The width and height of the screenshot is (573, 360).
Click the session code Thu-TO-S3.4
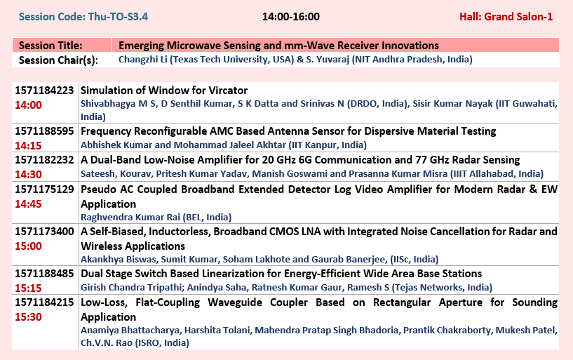(118, 17)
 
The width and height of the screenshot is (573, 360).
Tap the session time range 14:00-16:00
(291, 17)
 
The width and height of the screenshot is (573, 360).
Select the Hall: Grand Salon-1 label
(506, 17)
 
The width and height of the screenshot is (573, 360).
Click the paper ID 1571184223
(44, 91)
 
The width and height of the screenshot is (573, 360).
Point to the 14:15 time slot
(28, 145)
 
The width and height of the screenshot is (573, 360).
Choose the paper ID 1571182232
(44, 160)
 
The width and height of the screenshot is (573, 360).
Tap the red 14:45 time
(28, 204)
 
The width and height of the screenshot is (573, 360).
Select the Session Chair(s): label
(58, 60)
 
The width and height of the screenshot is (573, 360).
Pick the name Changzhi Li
(143, 60)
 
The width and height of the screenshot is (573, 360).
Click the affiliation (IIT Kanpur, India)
(328, 145)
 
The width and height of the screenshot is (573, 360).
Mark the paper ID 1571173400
(44, 232)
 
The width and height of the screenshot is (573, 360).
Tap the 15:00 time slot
(28, 246)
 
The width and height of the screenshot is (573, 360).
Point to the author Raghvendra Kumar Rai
(130, 218)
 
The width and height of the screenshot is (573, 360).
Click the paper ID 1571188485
(44, 274)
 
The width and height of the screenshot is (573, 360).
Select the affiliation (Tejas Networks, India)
(442, 288)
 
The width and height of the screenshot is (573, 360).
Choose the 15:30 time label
(28, 317)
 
